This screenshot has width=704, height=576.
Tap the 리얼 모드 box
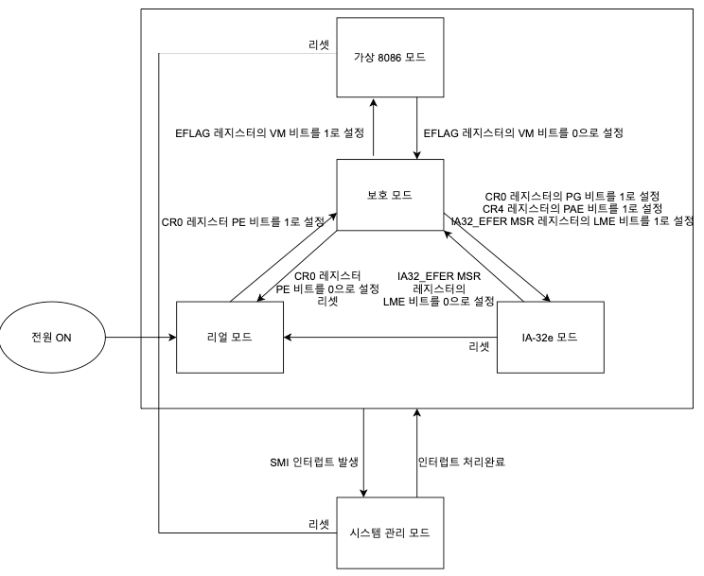pyautogui.click(x=231, y=337)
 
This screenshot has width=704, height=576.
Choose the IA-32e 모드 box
pyautogui.click(x=550, y=337)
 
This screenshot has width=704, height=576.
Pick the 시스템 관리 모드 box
pyautogui.click(x=391, y=532)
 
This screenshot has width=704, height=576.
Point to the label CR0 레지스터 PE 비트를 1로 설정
pyautogui.click(x=243, y=223)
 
